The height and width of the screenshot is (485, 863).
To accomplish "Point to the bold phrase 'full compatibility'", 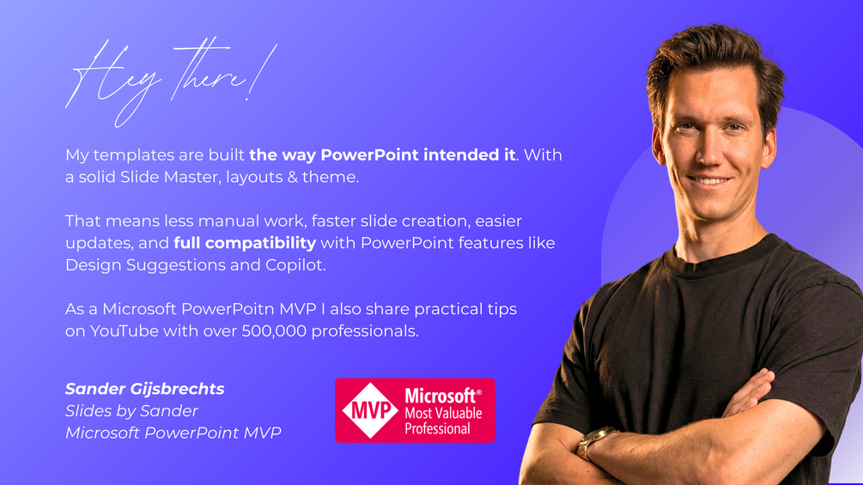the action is (245, 244).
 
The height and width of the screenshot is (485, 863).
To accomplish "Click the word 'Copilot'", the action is (295, 265).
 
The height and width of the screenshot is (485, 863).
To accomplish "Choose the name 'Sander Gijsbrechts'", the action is (145, 390).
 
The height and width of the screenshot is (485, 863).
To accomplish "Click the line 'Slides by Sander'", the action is (131, 411).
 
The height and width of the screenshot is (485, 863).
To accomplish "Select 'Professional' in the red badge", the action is (438, 428).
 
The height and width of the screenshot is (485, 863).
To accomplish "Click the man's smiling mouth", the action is (710, 179).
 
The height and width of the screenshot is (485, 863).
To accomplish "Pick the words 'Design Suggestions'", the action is (145, 265).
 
